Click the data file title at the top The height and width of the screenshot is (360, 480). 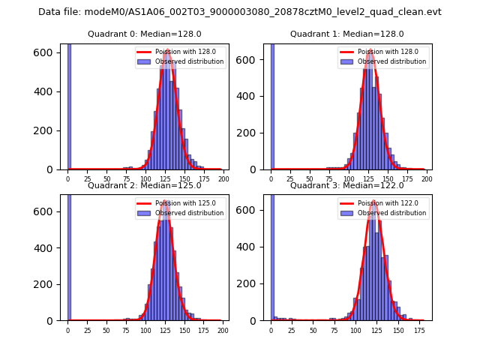coord(240,12)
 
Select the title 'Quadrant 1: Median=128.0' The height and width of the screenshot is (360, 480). coord(346,34)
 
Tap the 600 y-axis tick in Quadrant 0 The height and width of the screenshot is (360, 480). coord(47,52)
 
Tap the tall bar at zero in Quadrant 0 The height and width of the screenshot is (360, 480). coord(69,105)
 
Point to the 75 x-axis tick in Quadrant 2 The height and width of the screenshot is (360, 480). coord(126,329)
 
